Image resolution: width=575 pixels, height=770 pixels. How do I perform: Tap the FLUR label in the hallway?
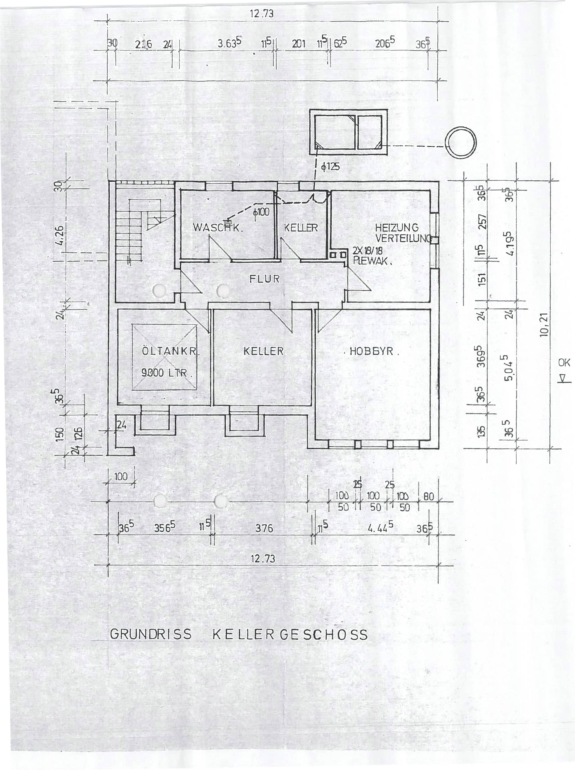coord(264,279)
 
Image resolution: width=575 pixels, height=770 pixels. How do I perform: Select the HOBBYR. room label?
coord(371,351)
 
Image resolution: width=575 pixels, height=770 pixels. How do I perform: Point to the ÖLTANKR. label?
coord(170,351)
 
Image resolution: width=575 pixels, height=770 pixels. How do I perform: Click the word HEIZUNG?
coord(397,228)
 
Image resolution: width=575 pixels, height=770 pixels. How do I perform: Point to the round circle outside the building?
coord(461,143)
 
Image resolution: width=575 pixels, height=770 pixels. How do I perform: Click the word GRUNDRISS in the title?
coord(151,634)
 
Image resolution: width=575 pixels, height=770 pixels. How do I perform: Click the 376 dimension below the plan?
coord(264,528)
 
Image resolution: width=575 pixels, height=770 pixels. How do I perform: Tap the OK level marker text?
coord(564,362)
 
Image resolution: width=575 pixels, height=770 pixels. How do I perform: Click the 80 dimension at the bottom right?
coord(429,497)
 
